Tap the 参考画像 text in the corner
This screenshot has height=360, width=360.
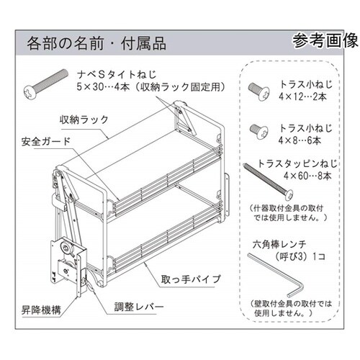pos(324,40)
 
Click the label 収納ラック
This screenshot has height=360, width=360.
pos(80,117)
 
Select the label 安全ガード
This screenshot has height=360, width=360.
pos(42,140)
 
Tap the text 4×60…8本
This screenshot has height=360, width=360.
pos(308,174)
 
